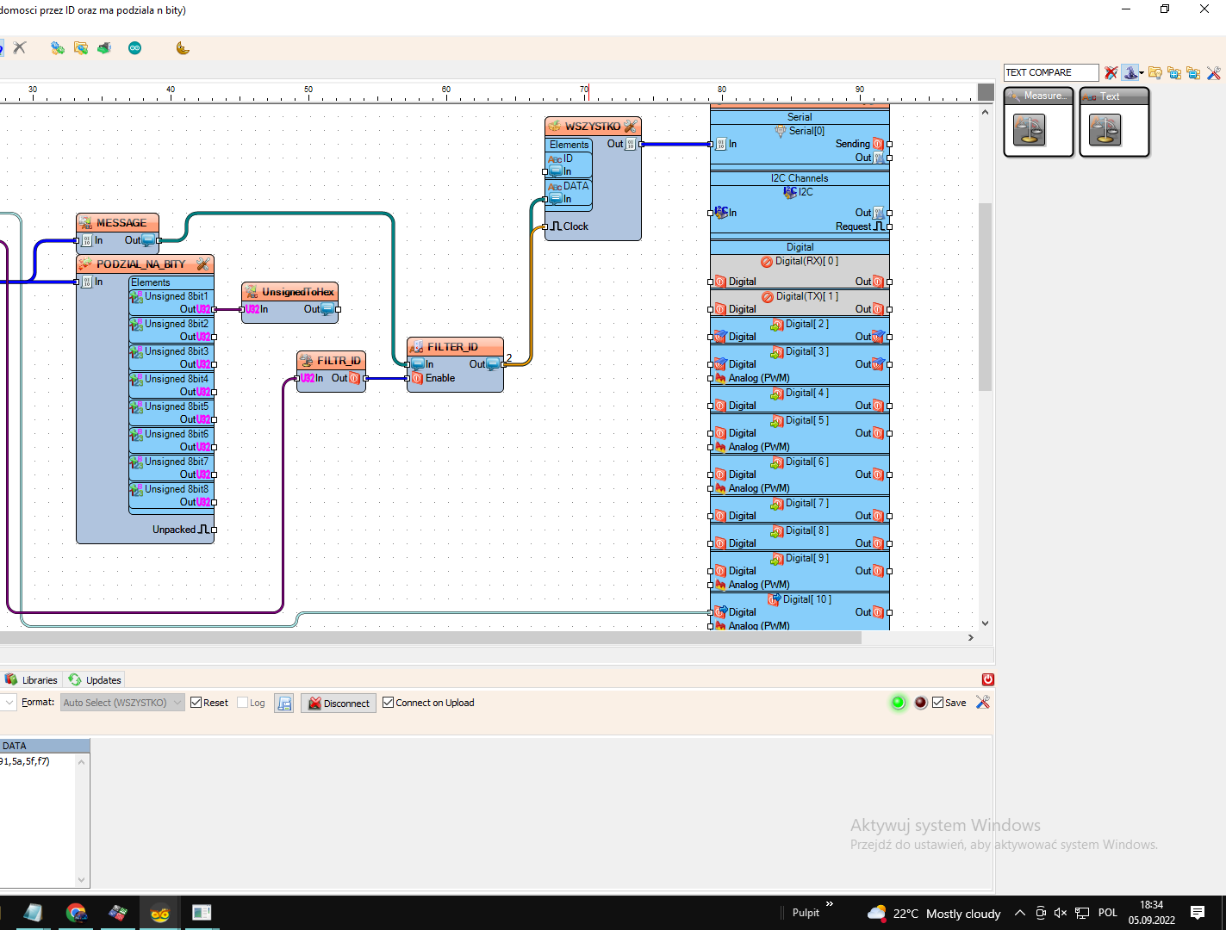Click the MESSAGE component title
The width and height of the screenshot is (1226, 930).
[x=121, y=223]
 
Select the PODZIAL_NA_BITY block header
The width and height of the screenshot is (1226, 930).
[x=140, y=264]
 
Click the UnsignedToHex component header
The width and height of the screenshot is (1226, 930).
[x=297, y=292]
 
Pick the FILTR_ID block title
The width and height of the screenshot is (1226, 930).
[x=338, y=361]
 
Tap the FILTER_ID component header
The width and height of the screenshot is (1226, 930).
[x=452, y=347]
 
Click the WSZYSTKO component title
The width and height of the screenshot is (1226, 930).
[x=592, y=127]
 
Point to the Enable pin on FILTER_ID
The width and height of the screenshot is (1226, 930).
[x=439, y=378]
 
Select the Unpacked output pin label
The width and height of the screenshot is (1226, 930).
[x=174, y=530]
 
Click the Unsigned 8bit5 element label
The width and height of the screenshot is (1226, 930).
[x=176, y=406]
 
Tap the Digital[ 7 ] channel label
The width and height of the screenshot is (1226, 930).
[x=806, y=503]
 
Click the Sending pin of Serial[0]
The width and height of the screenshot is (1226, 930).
[x=852, y=144]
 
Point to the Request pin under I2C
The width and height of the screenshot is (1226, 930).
[x=853, y=226]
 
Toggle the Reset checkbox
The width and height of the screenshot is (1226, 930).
[x=196, y=703]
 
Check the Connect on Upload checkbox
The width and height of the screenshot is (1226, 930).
[x=389, y=703]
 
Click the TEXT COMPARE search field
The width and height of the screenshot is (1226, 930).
[x=1050, y=72]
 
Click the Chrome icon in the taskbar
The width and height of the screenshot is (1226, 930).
[x=76, y=913]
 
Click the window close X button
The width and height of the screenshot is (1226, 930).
[x=1204, y=9]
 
